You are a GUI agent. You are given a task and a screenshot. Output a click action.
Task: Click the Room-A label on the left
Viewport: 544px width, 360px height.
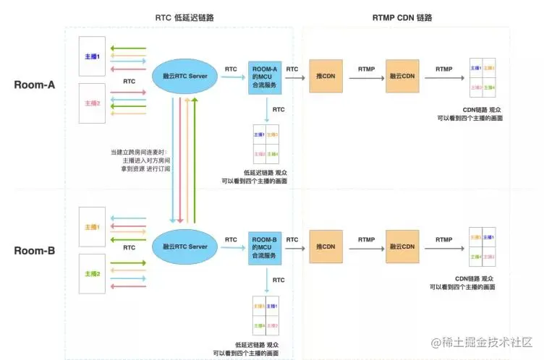tap(35, 85)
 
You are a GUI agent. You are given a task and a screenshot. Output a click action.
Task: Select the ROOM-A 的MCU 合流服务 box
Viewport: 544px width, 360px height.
tap(264, 75)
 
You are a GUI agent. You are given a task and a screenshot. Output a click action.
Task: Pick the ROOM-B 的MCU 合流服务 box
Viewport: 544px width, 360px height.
tap(264, 247)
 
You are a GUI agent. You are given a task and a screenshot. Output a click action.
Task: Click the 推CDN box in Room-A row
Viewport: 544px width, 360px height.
tap(326, 76)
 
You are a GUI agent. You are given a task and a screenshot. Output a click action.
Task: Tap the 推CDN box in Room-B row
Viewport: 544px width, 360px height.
tap(326, 247)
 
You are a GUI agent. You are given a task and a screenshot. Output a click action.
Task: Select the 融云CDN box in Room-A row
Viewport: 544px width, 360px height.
tap(402, 76)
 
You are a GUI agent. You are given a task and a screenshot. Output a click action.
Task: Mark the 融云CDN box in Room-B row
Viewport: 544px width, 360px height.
tap(402, 247)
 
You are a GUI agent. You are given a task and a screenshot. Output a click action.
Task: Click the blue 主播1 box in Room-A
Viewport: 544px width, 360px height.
tap(93, 57)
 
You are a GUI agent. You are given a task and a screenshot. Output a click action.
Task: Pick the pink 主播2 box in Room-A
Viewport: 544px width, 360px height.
tap(93, 103)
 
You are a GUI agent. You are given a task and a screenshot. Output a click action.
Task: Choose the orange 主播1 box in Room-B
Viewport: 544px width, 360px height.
tap(93, 227)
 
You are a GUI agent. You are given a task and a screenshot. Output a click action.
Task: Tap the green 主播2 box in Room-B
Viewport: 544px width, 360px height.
tap(93, 273)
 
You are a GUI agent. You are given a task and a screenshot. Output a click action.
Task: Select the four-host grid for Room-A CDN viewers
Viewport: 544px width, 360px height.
tap(483, 78)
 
